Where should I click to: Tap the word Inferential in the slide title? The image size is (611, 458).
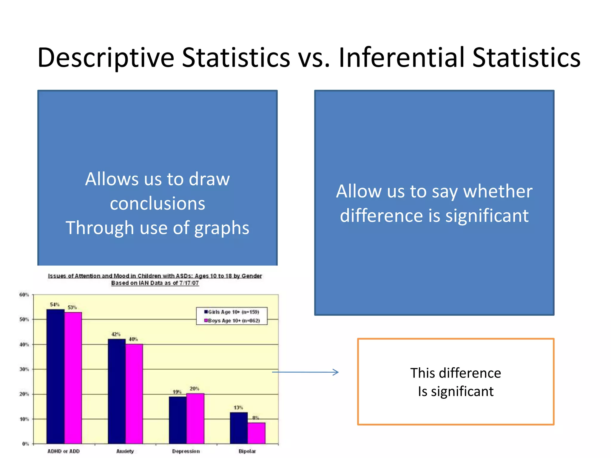pos(401,58)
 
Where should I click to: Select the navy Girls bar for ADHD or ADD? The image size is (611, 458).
pos(55,376)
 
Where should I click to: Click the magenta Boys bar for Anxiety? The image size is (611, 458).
pos(134,394)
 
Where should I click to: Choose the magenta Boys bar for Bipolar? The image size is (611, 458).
pos(256,433)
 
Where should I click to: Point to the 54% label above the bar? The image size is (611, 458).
pos(55,304)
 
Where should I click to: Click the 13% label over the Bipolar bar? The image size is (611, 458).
pos(238,408)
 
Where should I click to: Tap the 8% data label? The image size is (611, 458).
pos(256,418)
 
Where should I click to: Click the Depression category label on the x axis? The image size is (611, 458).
pos(186,451)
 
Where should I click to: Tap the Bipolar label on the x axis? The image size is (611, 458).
pos(247,451)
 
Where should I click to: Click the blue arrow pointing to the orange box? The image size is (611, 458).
pos(305,372)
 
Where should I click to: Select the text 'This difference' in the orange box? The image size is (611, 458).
pos(456,373)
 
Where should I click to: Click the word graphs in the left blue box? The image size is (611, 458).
pos(222,228)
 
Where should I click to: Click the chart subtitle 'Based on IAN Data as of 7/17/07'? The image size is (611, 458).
pos(155,283)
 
